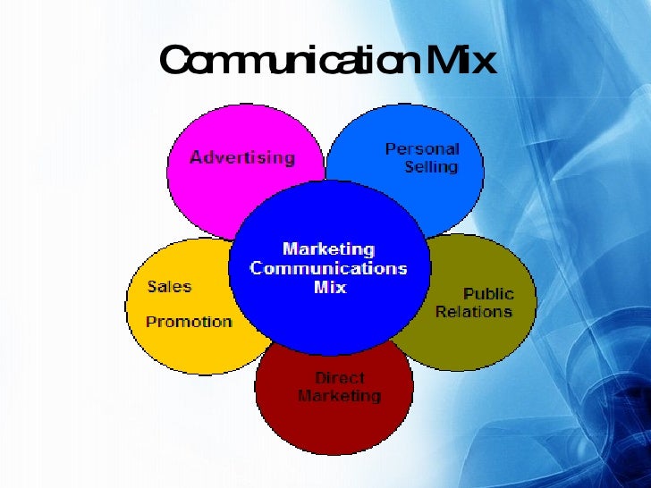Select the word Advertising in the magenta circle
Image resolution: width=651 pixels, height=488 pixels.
[241, 157]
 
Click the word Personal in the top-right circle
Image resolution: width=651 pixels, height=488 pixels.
[421, 149]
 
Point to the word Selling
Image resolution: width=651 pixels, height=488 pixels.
[431, 167]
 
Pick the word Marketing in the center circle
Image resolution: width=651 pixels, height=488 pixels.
[328, 249]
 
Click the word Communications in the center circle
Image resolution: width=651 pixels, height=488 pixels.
[328, 268]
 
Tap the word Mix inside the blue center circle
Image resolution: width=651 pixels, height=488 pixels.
[330, 288]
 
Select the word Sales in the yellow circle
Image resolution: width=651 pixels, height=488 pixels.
[169, 287]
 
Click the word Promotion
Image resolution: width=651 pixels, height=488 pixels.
[189, 322]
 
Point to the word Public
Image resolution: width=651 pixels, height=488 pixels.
[488, 294]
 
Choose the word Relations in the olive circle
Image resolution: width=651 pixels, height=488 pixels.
[474, 312]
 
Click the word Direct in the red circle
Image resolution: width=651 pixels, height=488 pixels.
[339, 378]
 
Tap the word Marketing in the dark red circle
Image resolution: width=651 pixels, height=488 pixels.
[339, 396]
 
